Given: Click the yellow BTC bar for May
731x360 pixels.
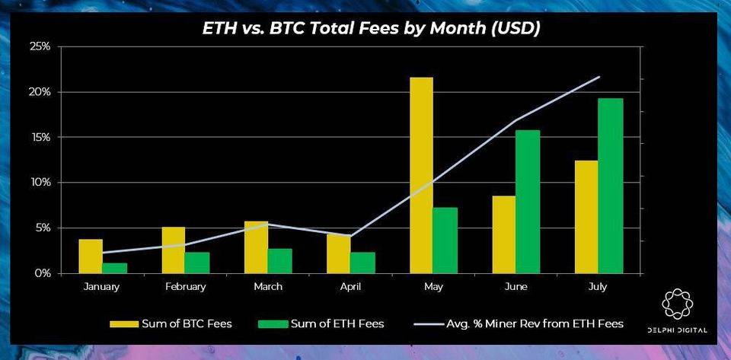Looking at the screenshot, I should (x=421, y=175).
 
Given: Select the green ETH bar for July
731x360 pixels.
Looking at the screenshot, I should (x=611, y=186).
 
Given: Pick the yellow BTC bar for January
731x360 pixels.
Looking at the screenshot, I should (x=91, y=256).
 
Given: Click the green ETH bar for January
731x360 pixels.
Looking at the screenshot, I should (x=115, y=268).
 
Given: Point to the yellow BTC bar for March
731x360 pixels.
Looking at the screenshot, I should (x=256, y=247).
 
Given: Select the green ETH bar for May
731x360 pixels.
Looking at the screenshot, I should (x=445, y=240).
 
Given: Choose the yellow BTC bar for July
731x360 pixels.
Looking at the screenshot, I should (x=586, y=216).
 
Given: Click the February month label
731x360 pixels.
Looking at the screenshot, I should (x=185, y=287).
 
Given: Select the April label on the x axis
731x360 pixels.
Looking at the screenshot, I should (x=350, y=287).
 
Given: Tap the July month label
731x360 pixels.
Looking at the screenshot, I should (x=599, y=287).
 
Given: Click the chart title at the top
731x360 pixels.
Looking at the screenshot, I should (x=371, y=29).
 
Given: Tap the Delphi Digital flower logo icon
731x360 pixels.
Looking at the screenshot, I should (x=678, y=304).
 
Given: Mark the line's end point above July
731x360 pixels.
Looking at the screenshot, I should (x=599, y=77).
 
